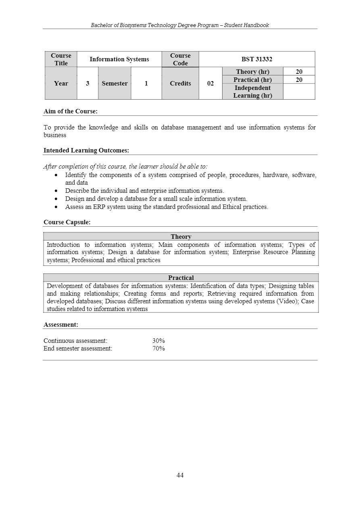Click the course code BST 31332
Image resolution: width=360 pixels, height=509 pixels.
[257, 59]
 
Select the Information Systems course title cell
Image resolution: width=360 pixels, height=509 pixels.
[119, 59]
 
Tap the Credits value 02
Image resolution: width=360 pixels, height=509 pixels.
[210, 83]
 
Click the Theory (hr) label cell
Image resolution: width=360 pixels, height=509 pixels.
[252, 72]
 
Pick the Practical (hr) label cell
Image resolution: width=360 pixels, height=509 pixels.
[252, 80]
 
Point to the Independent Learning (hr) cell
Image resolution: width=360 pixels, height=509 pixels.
[252, 92]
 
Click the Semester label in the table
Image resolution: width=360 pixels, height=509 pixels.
[114, 83]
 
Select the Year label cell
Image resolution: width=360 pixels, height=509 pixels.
[61, 83]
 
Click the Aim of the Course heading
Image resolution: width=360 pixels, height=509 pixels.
[70, 111]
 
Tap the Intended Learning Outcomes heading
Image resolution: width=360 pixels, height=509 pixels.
[86, 150]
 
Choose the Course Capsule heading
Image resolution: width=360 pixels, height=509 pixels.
[67, 222]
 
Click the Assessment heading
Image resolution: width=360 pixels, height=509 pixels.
[60, 324]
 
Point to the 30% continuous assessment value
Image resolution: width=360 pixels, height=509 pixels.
[158, 341]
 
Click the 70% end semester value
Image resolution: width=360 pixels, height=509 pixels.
[158, 348]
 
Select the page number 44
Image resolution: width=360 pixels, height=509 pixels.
[180, 476]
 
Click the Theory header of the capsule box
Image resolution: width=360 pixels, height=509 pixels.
[181, 237]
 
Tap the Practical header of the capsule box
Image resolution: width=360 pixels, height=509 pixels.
[181, 278]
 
